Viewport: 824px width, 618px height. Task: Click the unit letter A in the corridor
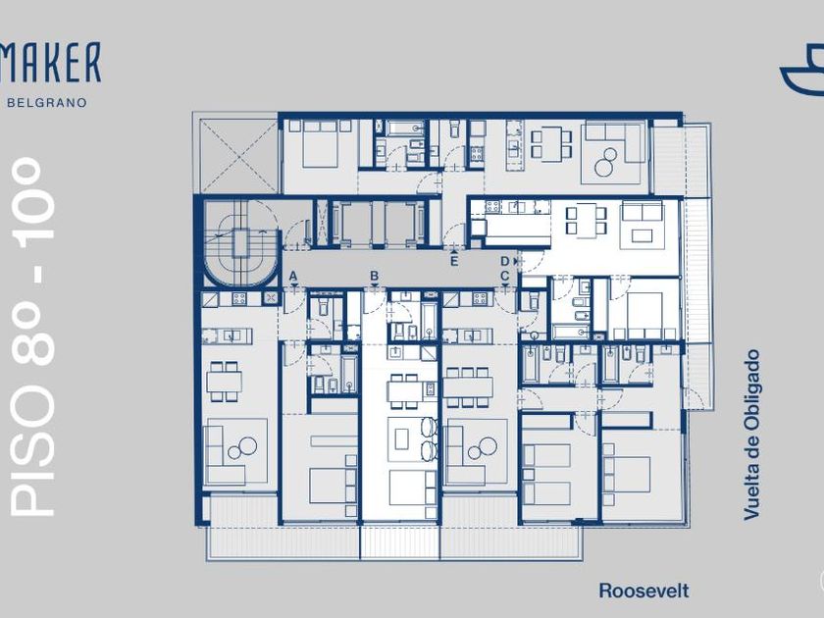293,276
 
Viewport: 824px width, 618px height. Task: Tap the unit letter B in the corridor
374,276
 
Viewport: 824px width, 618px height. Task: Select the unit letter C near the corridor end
505,276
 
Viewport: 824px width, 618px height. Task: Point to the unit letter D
505,261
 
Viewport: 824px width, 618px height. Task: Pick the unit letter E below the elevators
454,261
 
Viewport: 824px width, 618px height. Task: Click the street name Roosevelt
644,591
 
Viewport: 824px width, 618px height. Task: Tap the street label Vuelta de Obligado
752,436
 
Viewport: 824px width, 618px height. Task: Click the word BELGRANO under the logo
47,102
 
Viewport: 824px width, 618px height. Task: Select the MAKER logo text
50,63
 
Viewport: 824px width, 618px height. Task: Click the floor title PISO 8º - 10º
32,336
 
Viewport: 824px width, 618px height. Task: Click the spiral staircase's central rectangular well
241,243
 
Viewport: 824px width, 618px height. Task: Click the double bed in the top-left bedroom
320,144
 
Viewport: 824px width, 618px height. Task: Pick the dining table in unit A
225,382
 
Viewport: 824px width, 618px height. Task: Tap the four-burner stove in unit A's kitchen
239,298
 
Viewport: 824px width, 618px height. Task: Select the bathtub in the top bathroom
406,129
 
